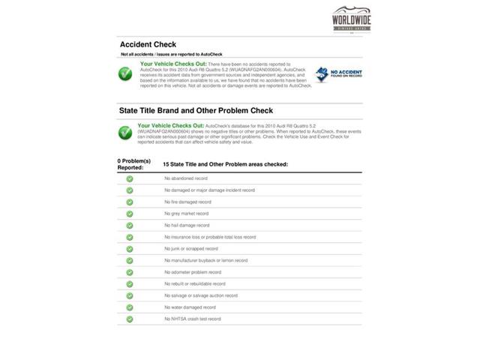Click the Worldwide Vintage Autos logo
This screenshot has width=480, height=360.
(351, 19)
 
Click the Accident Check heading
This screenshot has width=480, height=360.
(148, 45)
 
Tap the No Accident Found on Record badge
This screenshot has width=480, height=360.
(337, 74)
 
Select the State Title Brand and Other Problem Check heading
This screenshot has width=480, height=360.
(196, 110)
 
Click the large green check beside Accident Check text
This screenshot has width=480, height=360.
(125, 74)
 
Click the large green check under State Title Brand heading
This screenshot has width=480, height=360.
(125, 133)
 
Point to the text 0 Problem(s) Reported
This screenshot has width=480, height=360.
(133, 164)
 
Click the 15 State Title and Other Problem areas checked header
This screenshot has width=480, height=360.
(225, 164)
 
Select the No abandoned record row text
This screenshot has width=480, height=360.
(186, 178)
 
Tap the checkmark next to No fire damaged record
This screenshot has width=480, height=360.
(130, 202)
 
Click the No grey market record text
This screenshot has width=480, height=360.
(187, 214)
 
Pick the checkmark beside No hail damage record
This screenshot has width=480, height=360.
(130, 225)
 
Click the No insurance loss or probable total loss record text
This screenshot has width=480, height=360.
(210, 237)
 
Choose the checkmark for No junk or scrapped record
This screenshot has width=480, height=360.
(130, 248)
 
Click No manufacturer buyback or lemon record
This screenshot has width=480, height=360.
(205, 260)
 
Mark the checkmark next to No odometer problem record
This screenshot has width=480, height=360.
(130, 271)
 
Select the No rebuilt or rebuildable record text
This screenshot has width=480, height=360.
(195, 283)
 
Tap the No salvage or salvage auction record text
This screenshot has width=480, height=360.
(201, 295)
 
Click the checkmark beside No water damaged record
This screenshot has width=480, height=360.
(130, 307)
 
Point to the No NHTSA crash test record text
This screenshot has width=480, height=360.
(193, 319)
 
